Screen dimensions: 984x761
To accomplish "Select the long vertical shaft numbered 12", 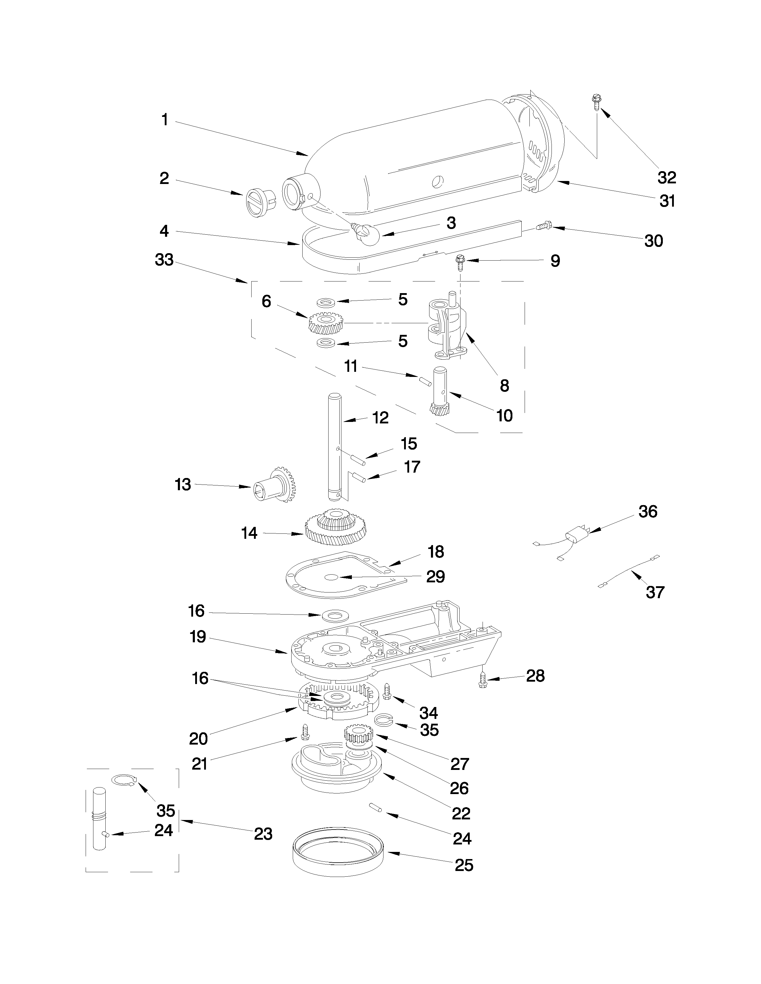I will point(335,446).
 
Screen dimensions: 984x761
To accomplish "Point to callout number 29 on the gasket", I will point(435,576).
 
